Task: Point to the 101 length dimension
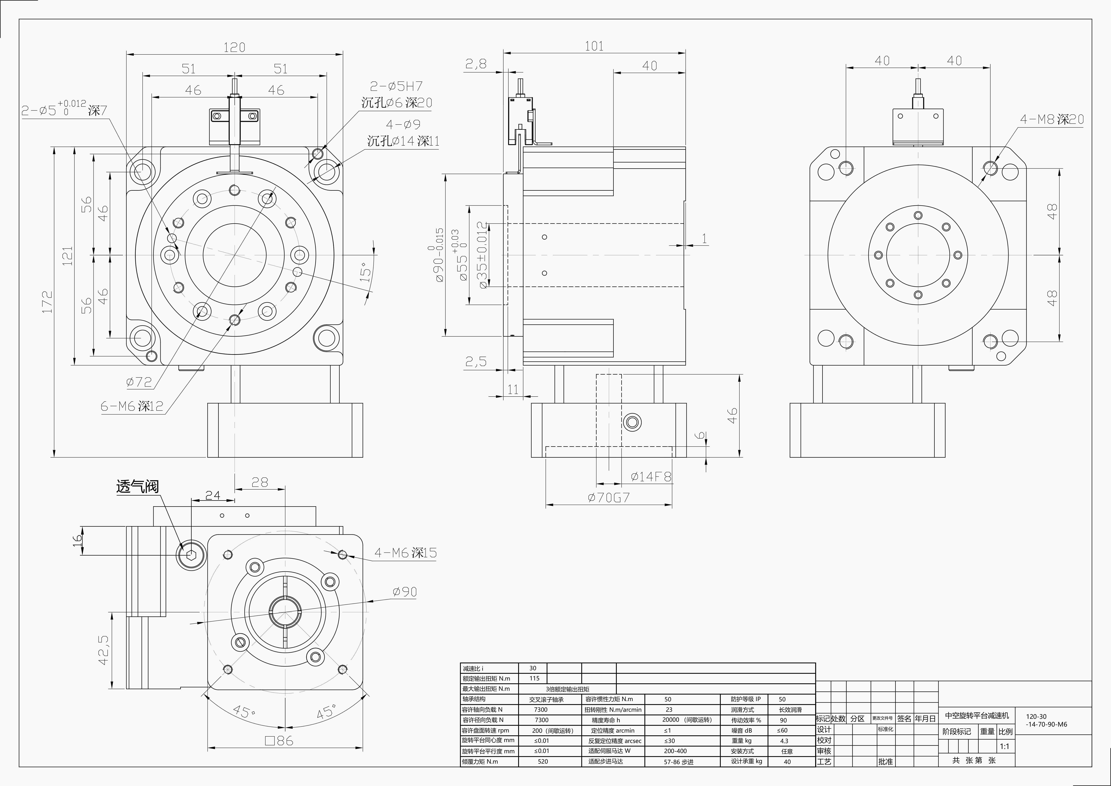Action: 594,46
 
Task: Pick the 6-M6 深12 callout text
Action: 132,406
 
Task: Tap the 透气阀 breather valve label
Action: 137,486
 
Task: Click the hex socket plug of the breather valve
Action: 191,556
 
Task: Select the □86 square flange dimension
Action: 279,741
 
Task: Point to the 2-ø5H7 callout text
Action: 396,86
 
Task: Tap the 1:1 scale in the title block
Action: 1005,746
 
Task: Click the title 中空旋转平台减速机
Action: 977,715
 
